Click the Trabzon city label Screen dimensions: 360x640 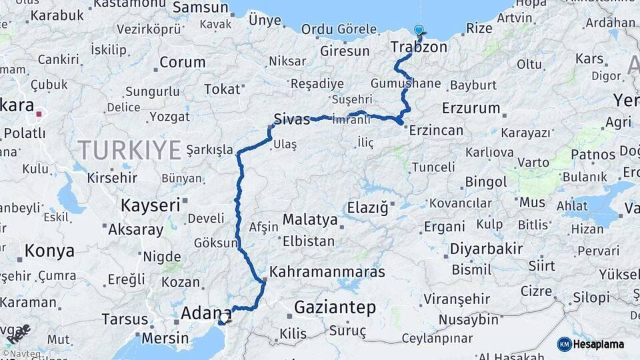419,47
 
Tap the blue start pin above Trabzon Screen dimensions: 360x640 419,30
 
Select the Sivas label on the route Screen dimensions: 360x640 292,119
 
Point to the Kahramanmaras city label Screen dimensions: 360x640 327,273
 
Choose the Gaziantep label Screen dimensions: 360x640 335,308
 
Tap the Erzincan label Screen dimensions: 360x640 437,130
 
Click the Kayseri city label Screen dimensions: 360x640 151,205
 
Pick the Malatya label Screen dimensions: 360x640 310,219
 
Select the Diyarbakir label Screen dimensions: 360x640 486,249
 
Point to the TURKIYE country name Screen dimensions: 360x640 129,149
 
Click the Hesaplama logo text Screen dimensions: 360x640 600,344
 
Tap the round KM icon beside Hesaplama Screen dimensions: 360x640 565,344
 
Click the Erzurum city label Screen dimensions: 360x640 471,107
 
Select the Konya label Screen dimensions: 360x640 49,251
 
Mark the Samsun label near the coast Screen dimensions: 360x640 200,7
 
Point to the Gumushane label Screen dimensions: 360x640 406,83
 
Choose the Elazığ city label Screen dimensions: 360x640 367,208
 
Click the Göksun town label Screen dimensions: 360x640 215,243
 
